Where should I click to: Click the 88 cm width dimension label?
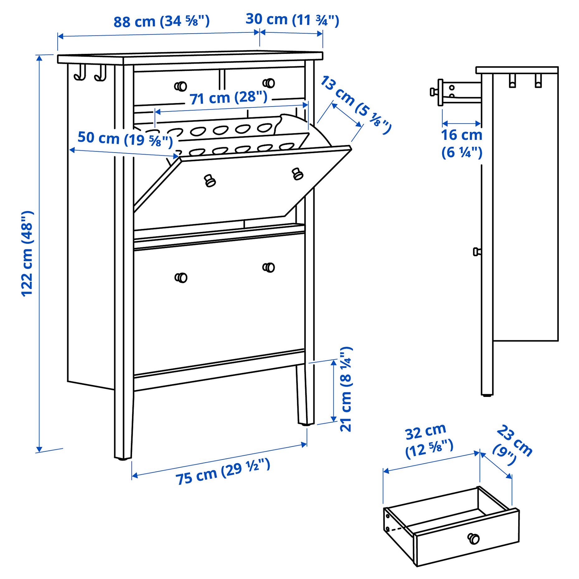(161, 21)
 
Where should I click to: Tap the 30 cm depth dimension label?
(292, 20)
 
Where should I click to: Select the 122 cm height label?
(27, 254)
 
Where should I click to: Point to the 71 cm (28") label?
(228, 98)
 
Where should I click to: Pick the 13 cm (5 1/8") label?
(355, 104)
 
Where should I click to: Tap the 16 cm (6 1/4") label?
(461, 144)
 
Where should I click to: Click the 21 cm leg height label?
(346, 389)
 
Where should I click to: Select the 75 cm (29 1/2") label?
(223, 472)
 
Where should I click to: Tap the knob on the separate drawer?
(473, 538)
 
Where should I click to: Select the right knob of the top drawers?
(269, 83)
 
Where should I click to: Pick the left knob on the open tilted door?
(210, 181)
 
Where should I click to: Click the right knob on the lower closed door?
(269, 267)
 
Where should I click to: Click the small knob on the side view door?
(477, 252)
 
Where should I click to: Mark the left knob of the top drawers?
(181, 86)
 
